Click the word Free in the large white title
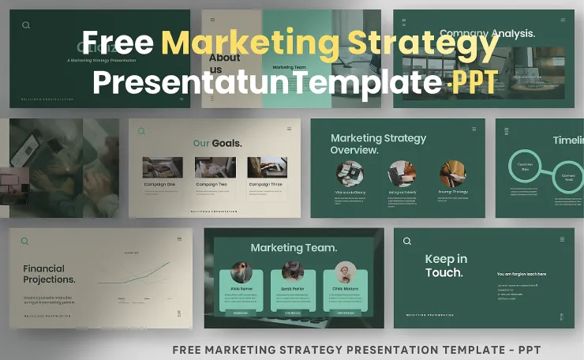coord(118,42)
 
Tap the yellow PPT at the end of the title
coord(474,82)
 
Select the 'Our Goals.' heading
coord(218,144)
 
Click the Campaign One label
coord(162,184)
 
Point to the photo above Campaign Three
coord(267,167)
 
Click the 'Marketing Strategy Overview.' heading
coord(378,144)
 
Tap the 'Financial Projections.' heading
coord(49,274)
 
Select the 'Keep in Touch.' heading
coord(445,266)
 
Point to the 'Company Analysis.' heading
coord(487,33)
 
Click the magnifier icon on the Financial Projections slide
coord(25,242)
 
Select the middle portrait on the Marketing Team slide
coord(293,272)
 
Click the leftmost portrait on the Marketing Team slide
coord(241,272)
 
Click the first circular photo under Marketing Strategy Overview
coord(349,174)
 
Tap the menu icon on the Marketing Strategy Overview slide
coord(474,129)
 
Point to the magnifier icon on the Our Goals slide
coord(142,131)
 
